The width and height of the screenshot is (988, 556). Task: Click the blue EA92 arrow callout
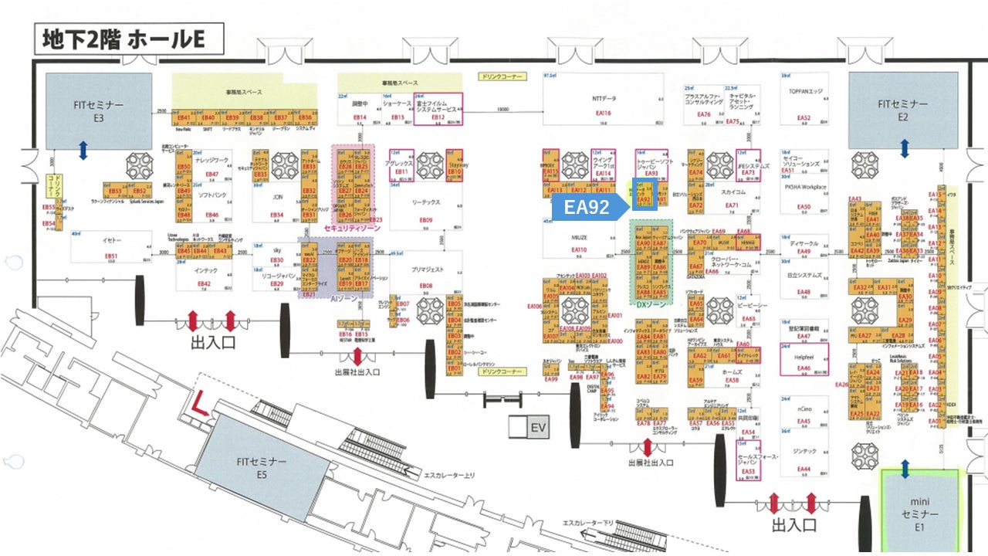click(x=587, y=207)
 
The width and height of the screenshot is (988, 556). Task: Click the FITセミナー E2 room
click(x=903, y=110)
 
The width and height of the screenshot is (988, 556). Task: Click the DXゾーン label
click(x=650, y=305)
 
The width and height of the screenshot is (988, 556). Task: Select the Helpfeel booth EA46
click(x=804, y=359)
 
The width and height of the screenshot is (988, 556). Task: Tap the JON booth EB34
click(x=277, y=204)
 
